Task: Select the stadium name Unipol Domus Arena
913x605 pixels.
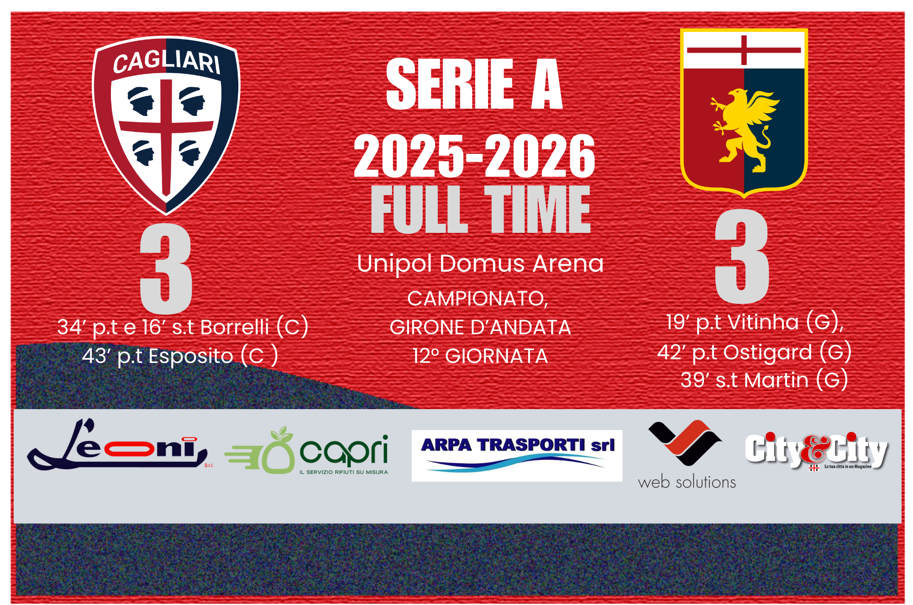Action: (x=480, y=264)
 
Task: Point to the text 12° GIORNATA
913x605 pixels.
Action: (x=480, y=356)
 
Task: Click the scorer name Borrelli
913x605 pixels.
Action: (x=235, y=327)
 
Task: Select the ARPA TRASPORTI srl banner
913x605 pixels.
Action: (x=517, y=455)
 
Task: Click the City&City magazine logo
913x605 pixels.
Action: (x=816, y=451)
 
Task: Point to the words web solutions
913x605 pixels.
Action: (x=687, y=482)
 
